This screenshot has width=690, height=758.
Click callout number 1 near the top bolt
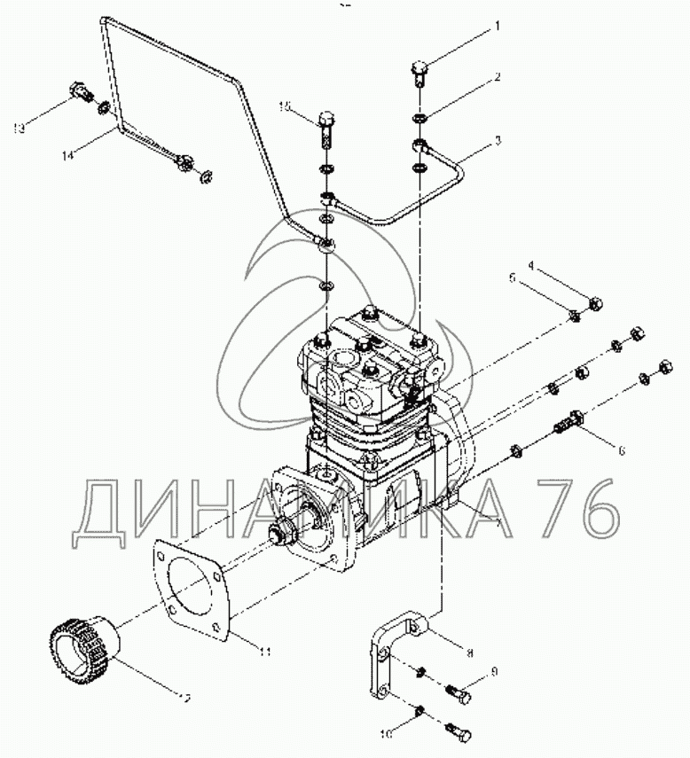click(498, 26)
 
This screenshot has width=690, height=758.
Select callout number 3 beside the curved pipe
click(498, 140)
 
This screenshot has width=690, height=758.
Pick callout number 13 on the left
click(18, 129)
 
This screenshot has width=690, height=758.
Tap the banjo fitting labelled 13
click(78, 91)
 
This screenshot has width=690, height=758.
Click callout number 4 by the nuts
click(531, 264)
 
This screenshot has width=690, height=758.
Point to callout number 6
click(622, 450)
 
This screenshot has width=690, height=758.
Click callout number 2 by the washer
click(498, 77)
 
